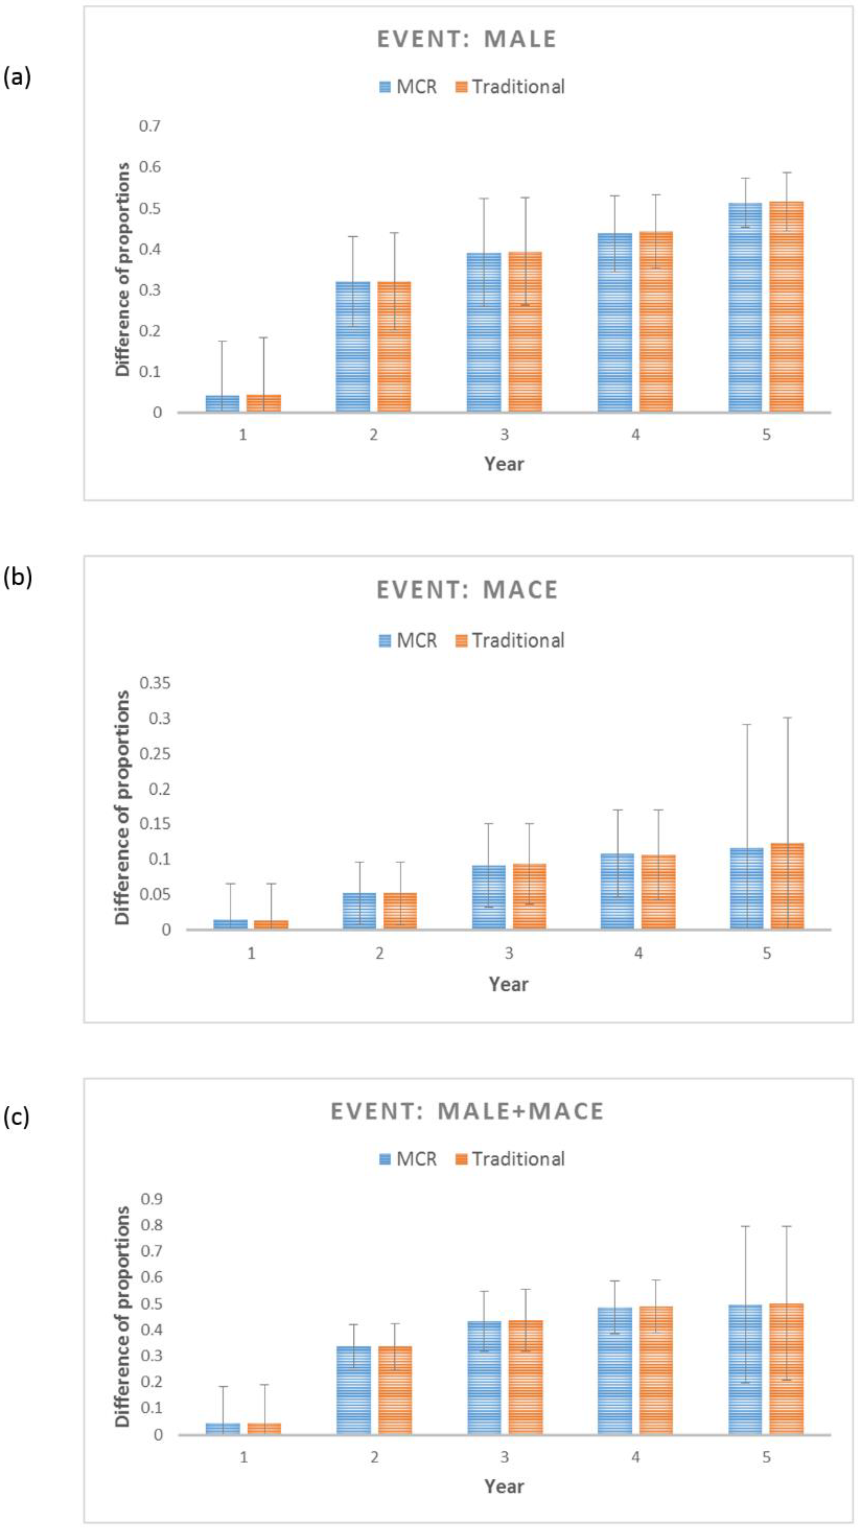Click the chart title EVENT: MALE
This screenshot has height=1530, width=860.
pos(467,39)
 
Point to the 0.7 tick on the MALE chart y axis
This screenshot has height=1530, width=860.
pos(150,126)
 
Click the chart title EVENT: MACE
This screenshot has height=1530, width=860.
pos(467,590)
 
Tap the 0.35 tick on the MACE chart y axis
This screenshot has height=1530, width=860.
pos(155,683)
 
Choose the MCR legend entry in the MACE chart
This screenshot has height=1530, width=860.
pos(408,640)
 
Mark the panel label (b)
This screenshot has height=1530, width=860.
pos(17,577)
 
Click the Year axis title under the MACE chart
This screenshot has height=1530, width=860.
pos(508,984)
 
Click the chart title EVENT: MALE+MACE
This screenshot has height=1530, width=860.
pos(467,1111)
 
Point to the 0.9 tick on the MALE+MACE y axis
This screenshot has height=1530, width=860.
pos(151,1198)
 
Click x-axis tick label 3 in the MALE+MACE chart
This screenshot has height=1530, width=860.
pos(504,1456)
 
